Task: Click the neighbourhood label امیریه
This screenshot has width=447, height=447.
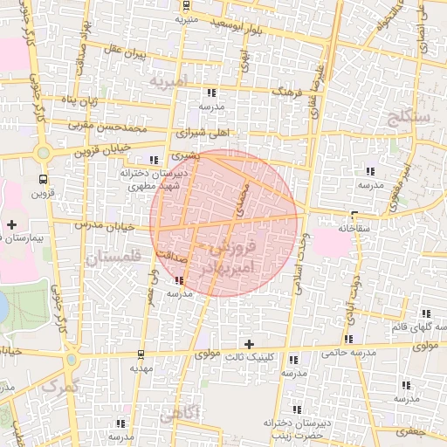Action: [168, 81]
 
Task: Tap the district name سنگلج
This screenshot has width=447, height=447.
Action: [412, 116]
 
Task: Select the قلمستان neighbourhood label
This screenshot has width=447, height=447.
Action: [113, 258]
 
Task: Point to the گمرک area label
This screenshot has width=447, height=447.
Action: [59, 385]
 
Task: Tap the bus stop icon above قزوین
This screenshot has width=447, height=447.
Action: [43, 179]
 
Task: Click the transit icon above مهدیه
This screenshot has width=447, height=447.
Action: [141, 354]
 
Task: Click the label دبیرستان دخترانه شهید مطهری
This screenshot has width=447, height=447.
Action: [149, 180]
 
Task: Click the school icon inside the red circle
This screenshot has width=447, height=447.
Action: [180, 280]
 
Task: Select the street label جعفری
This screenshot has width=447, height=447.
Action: [429, 431]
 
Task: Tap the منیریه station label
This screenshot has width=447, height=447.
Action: [187, 18]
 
